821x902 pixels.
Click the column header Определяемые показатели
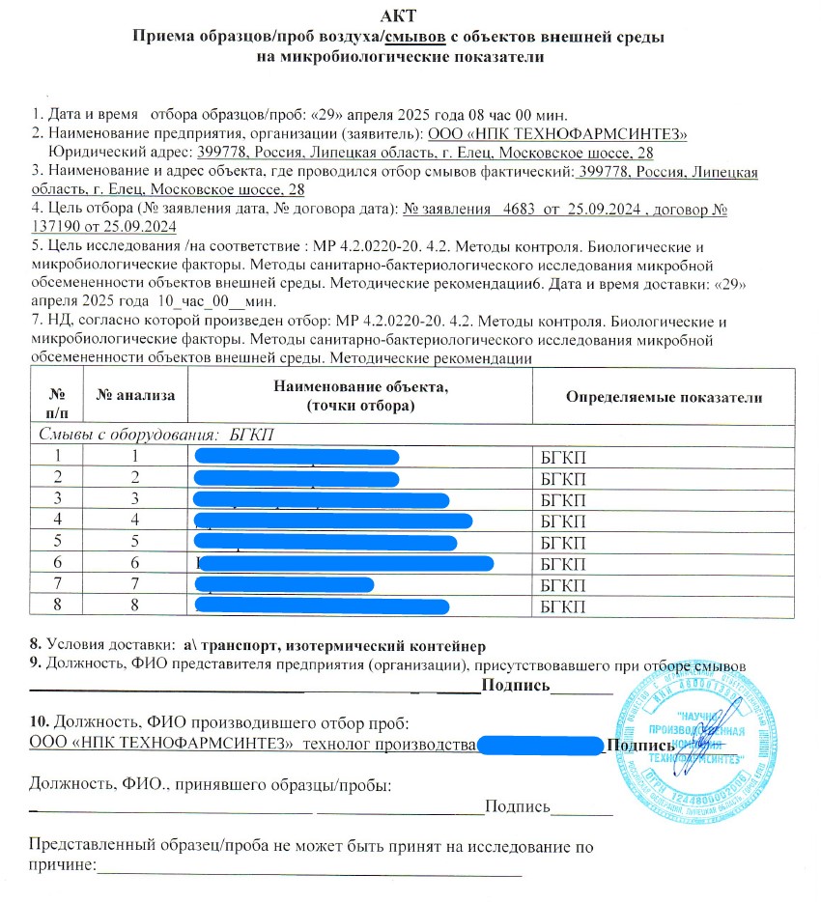(x=665, y=397)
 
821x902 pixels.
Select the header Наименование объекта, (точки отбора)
(x=360, y=396)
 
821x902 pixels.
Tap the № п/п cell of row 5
(x=59, y=542)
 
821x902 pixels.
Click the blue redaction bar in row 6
(x=346, y=563)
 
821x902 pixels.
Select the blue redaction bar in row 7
(x=284, y=584)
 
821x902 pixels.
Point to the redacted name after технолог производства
(x=540, y=745)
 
